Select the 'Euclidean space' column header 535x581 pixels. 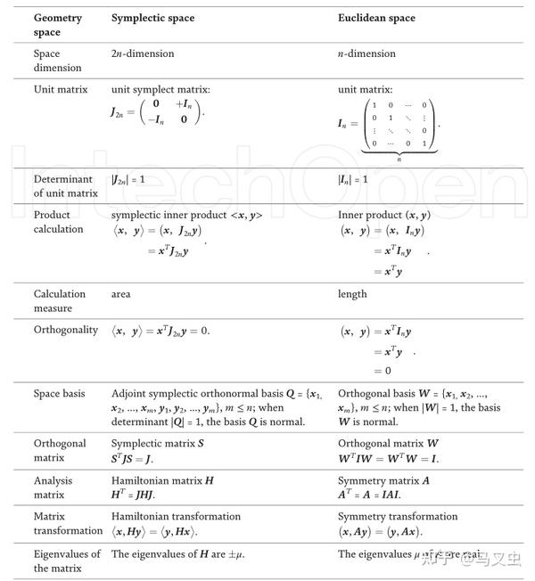pyautogui.click(x=376, y=18)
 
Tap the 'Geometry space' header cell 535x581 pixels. pyautogui.click(x=59, y=25)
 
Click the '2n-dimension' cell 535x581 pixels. pyautogui.click(x=143, y=53)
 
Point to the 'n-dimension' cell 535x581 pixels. pyautogui.click(x=368, y=53)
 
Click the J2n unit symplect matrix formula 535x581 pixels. pyautogui.click(x=157, y=113)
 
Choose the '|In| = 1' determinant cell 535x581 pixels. pyautogui.click(x=353, y=179)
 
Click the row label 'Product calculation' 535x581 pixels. pyautogui.click(x=59, y=222)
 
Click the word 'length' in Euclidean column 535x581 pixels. pyautogui.click(x=353, y=294)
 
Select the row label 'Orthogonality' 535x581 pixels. pyautogui.click(x=66, y=330)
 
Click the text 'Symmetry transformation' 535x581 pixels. pyautogui.click(x=398, y=517)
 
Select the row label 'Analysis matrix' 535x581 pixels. pyautogui.click(x=55, y=487)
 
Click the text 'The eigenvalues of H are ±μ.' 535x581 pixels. pyautogui.click(x=177, y=553)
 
